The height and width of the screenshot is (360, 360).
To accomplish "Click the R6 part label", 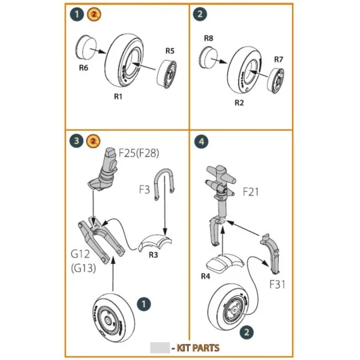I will [84, 67].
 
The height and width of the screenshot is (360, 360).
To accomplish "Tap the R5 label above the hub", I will [169, 51].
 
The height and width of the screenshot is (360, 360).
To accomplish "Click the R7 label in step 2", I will [279, 59].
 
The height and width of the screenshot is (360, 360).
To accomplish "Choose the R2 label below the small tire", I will [239, 103].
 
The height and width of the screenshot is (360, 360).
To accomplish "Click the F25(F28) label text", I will [139, 153].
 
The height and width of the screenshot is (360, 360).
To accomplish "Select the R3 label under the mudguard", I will [153, 255].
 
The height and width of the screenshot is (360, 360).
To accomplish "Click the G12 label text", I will [79, 254].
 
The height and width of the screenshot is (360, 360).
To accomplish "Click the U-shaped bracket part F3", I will [164, 182].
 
